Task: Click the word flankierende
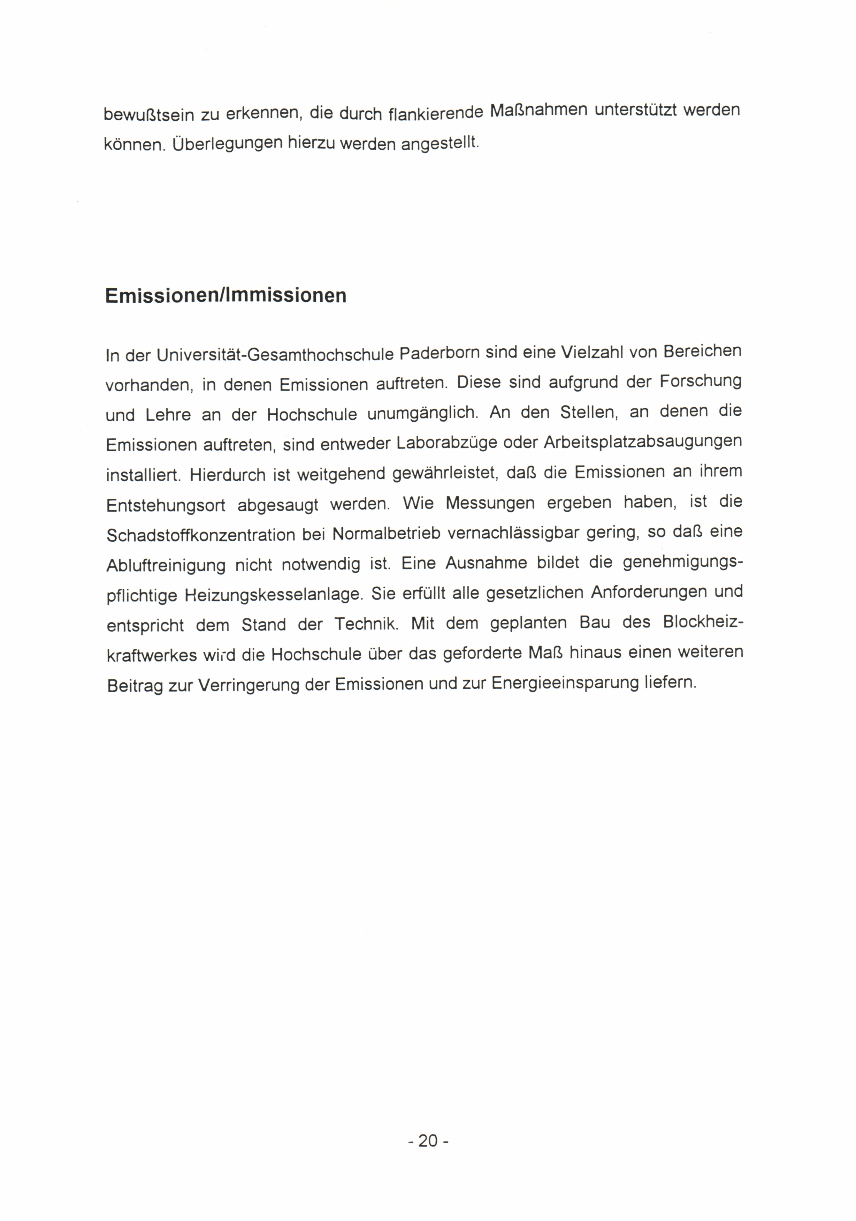436,113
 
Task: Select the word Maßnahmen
538,111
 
